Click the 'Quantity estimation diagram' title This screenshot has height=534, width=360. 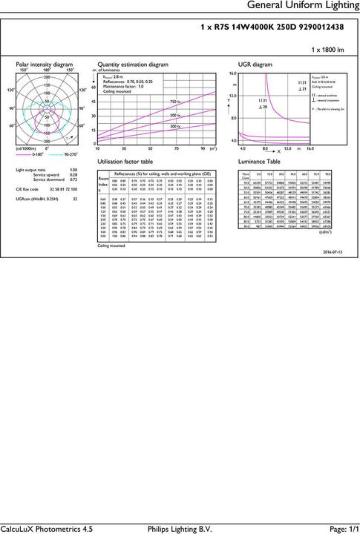point(133,65)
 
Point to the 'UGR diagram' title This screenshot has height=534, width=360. point(252,65)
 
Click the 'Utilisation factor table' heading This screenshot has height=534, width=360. point(125,161)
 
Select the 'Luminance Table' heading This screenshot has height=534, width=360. point(258,161)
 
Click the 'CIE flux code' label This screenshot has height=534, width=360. point(30,190)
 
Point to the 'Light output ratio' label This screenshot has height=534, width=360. point(33,170)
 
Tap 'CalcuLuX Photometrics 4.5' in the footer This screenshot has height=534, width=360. point(47,528)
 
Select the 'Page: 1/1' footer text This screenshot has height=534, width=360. point(338,528)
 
